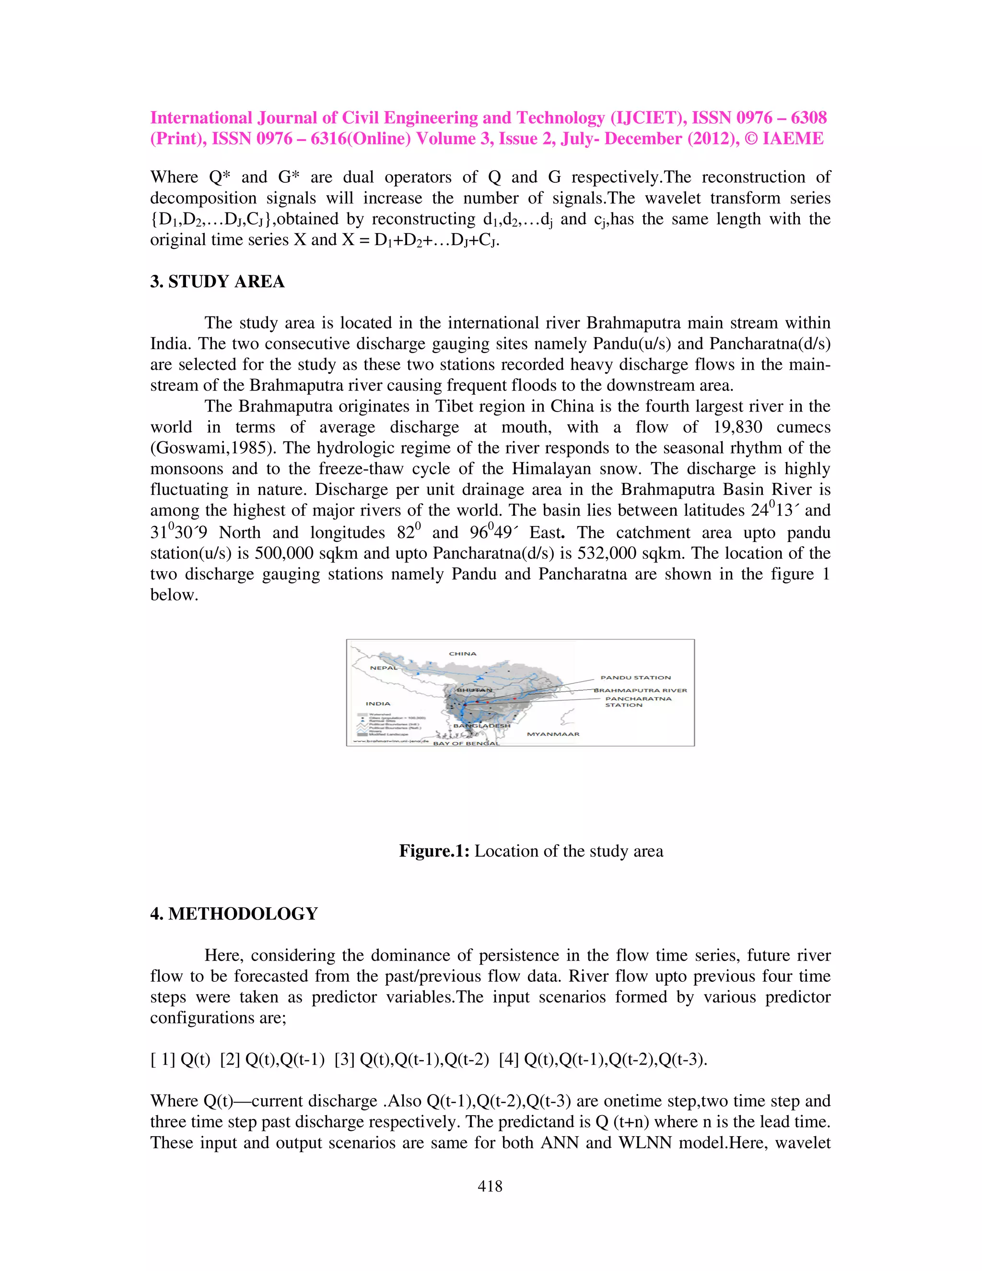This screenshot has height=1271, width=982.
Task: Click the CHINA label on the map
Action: coord(463,654)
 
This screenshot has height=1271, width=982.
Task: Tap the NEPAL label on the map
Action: coord(384,668)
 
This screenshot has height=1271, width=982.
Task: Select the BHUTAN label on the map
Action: coord(474,690)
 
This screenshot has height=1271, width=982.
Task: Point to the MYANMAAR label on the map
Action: coord(553,734)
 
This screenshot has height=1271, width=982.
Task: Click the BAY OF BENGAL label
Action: coord(466,743)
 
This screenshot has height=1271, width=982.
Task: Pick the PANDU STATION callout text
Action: coord(635,677)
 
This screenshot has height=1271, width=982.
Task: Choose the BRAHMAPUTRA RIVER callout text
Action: coord(640,690)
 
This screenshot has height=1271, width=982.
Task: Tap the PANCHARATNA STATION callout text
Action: coord(638,702)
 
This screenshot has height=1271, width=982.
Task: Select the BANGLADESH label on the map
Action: coord(482,726)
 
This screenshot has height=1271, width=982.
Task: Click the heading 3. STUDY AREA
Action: coord(217,282)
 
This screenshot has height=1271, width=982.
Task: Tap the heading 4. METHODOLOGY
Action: coord(234,914)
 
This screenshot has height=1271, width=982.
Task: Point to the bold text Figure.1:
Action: coord(434,851)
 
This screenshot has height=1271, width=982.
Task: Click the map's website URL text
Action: coord(388,741)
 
